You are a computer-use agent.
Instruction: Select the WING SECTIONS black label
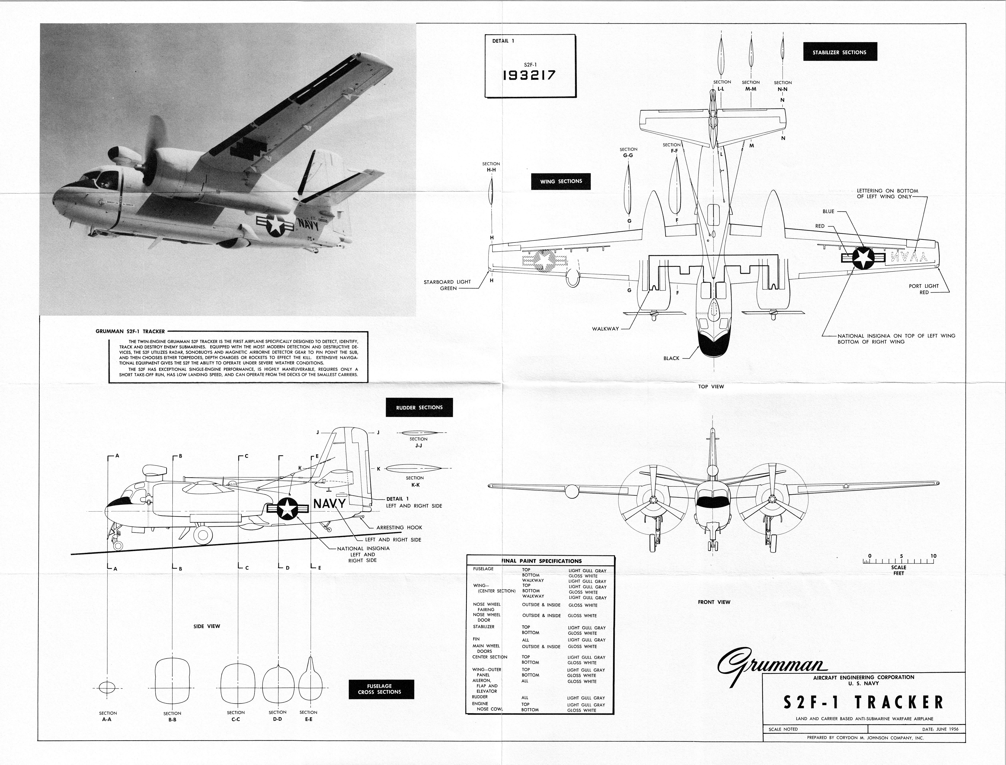point(561,181)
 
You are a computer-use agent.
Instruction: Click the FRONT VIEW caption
point(714,602)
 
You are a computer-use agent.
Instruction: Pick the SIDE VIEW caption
point(207,626)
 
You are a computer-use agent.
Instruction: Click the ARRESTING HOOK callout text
point(399,527)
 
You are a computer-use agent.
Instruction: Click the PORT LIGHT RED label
point(924,289)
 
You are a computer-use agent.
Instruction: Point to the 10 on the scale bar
point(933,556)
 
